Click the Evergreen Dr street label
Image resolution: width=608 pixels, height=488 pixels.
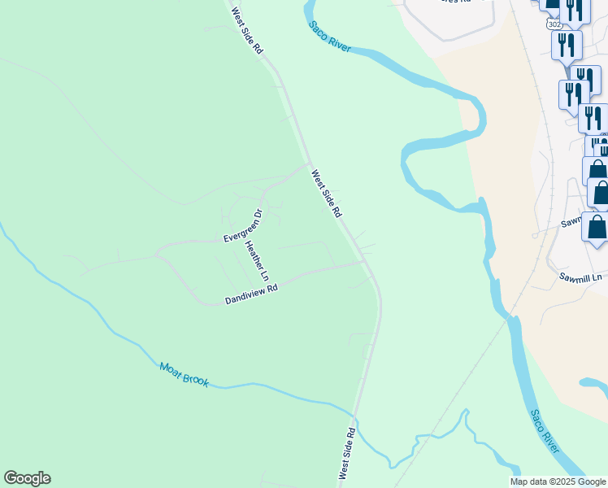point(243,226)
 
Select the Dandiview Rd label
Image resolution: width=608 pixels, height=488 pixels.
point(251,294)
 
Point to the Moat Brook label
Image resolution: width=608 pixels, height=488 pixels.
point(185,375)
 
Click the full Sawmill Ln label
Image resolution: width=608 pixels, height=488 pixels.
point(580,277)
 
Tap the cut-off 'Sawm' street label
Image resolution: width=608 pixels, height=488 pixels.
point(571,221)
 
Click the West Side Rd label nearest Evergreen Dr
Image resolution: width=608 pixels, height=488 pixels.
point(326,193)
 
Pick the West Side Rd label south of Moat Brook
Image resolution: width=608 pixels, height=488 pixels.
point(347,452)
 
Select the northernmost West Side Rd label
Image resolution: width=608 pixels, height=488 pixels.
point(247,31)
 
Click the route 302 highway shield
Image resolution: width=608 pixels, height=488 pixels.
point(554,25)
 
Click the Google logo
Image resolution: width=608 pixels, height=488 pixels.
point(27,478)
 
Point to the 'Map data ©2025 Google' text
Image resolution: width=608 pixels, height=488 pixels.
point(558,481)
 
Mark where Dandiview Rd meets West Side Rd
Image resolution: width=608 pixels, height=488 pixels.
point(364,262)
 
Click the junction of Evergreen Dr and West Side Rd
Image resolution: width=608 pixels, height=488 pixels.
point(310,163)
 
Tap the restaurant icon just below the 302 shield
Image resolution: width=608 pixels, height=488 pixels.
point(566,45)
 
